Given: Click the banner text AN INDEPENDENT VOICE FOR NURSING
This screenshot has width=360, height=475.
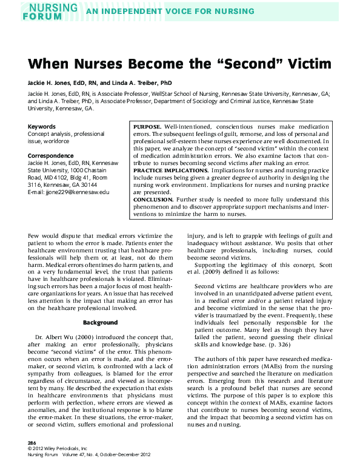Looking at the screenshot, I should (170, 12).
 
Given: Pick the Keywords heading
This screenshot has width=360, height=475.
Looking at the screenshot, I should (42, 127).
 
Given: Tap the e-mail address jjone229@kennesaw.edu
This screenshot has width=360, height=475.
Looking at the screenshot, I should (77, 192).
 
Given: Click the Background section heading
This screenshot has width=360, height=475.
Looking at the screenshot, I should (100, 322).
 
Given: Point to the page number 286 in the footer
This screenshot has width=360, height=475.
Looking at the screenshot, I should (33, 443).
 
